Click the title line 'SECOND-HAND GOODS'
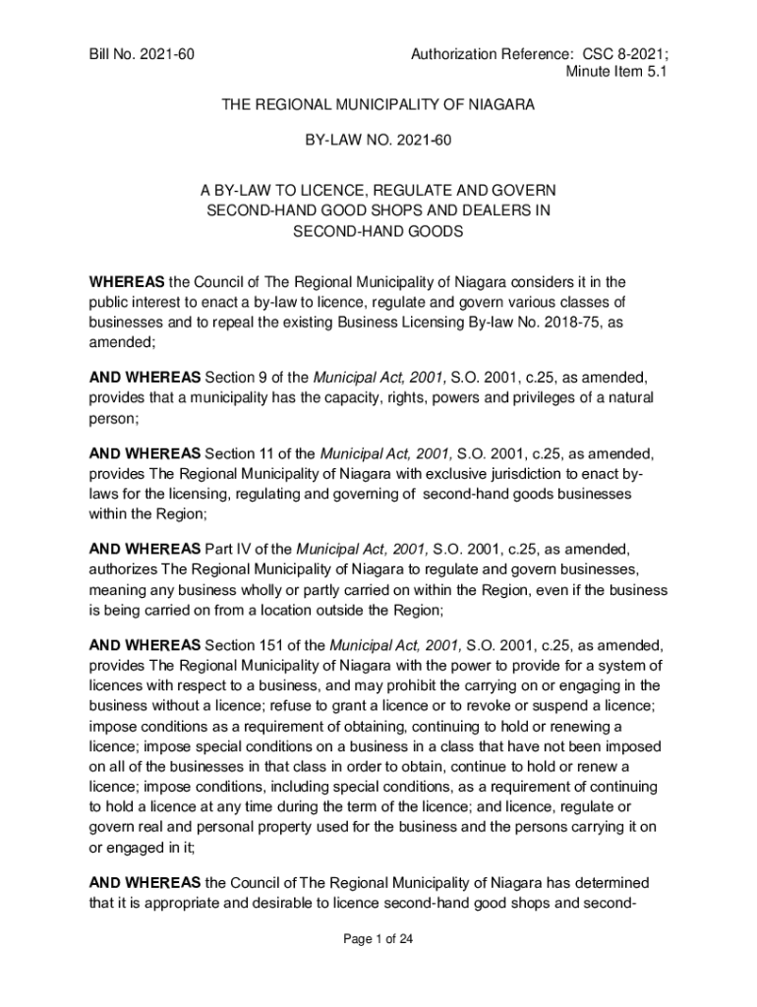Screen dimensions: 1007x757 tap(378, 231)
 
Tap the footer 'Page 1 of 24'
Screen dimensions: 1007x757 tap(378, 939)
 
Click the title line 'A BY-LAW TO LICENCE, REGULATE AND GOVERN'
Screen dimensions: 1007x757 tap(378, 190)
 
